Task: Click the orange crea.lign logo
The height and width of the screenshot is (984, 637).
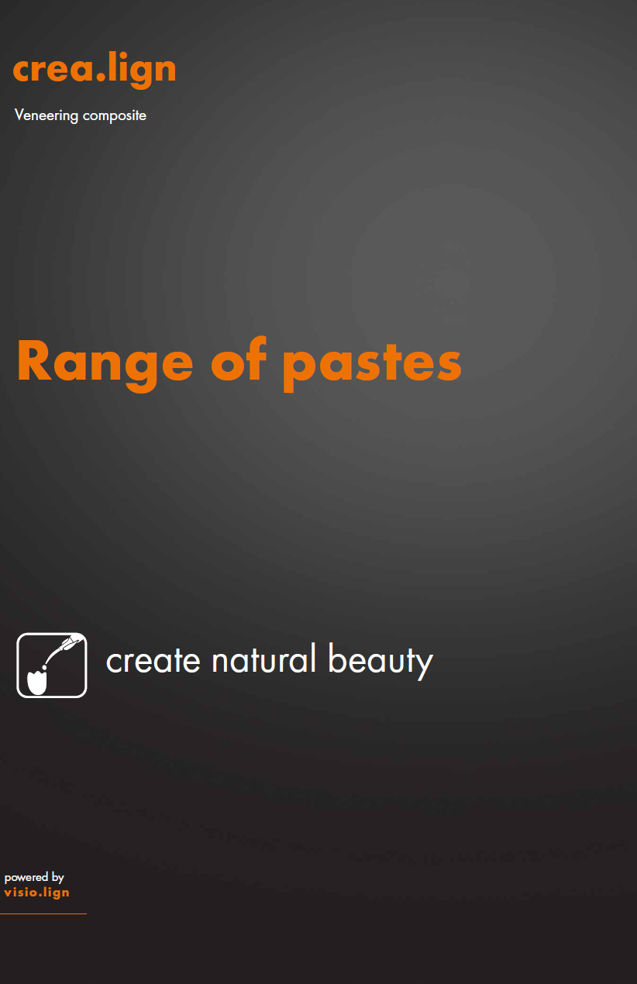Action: [x=95, y=70]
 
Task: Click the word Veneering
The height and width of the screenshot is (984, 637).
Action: [x=46, y=115]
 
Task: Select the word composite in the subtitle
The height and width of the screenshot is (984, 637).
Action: [x=115, y=116]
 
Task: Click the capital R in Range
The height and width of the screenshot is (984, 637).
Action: [x=34, y=362]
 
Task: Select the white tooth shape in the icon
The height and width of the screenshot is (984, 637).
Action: [x=37, y=681]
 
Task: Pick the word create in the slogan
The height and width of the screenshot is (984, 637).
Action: [x=153, y=661]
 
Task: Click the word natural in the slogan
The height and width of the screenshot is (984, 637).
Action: [x=264, y=660]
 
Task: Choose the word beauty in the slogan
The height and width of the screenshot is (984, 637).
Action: [x=380, y=661]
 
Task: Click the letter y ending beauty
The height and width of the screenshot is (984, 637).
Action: [x=424, y=665]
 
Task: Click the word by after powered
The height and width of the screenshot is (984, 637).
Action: [x=57, y=878]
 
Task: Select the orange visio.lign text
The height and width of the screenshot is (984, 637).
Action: [x=36, y=892]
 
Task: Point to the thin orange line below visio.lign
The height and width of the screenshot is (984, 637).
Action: [x=43, y=913]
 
